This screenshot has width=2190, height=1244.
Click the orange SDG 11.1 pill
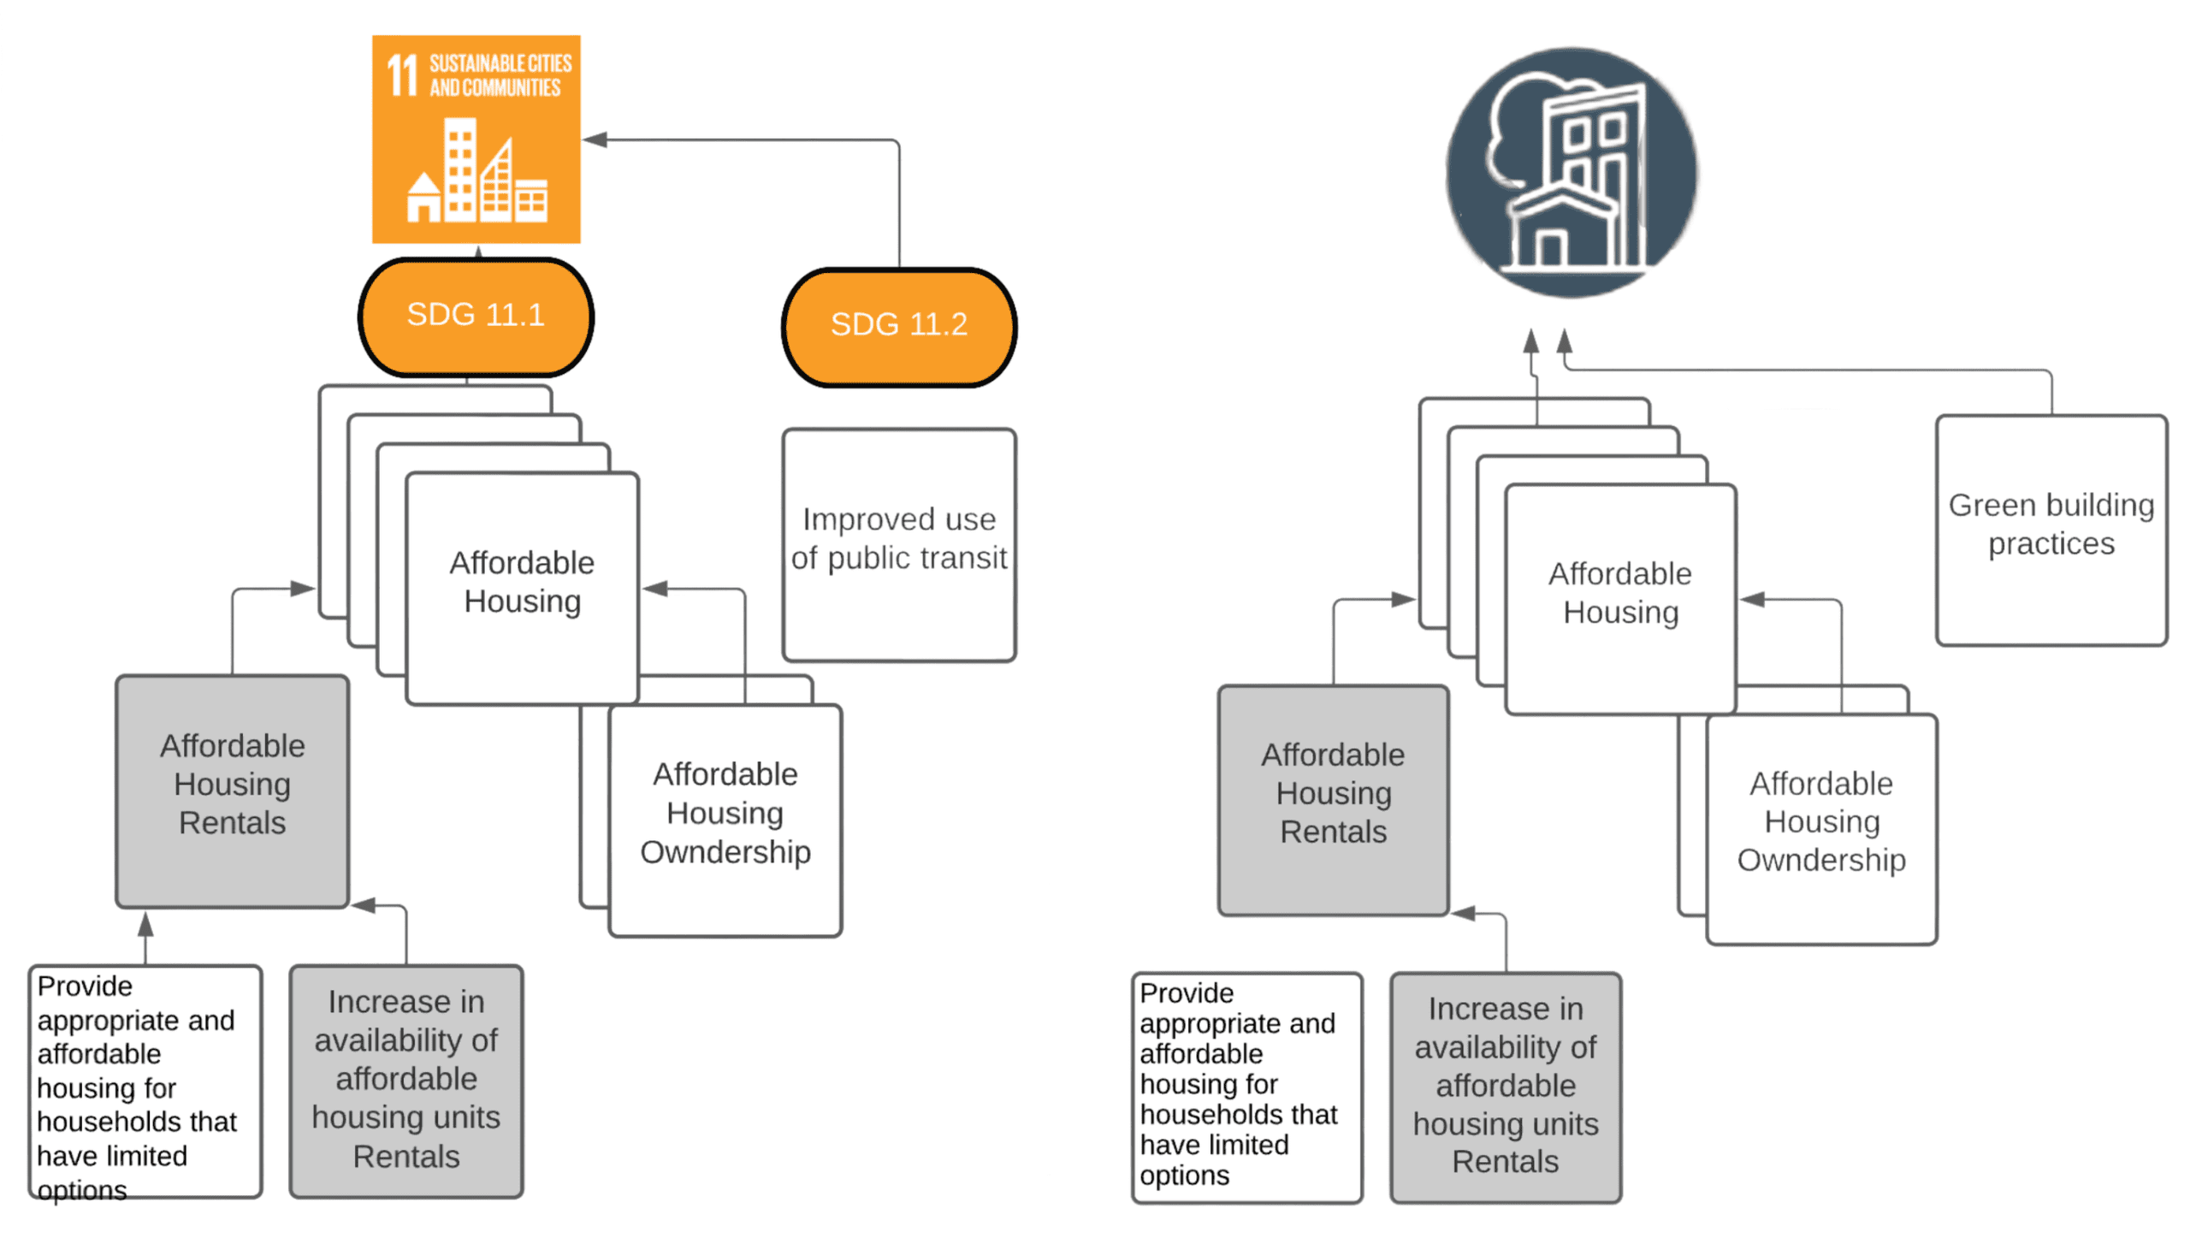(475, 316)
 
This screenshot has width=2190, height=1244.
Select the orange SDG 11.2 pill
(898, 326)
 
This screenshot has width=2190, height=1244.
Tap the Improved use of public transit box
(898, 545)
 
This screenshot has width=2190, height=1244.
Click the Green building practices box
(2050, 530)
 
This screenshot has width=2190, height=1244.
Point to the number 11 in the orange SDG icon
(401, 75)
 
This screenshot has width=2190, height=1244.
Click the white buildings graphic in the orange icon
(476, 174)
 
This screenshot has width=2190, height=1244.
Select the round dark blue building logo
(1571, 173)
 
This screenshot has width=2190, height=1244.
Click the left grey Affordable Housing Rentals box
(232, 791)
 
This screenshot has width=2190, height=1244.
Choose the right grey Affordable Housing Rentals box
(1332, 800)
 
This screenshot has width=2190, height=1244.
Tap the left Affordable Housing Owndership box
(725, 820)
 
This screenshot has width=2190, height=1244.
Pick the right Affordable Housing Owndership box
(1820, 828)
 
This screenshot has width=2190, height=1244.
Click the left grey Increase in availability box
(405, 1081)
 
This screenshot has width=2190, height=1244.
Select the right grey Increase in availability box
(1505, 1087)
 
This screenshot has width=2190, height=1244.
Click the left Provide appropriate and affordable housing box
(145, 1081)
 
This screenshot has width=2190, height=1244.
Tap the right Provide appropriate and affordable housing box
(1246, 1087)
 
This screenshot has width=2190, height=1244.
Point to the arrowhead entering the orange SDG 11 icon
(595, 139)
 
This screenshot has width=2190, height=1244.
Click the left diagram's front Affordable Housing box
(522, 588)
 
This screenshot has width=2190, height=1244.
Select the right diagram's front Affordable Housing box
(1619, 598)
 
